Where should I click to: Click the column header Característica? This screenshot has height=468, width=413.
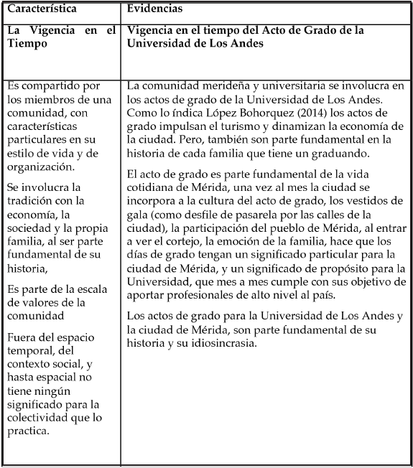tap(42, 9)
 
